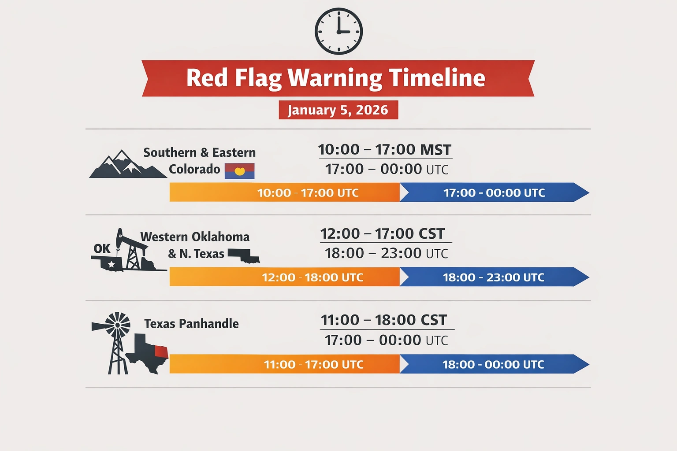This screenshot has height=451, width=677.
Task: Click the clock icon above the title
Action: (338, 31)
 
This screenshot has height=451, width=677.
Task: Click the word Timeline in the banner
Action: (437, 78)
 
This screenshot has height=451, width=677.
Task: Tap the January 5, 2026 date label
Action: (338, 110)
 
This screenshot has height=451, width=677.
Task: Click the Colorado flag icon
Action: (239, 171)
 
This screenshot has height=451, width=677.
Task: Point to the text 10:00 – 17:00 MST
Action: (385, 150)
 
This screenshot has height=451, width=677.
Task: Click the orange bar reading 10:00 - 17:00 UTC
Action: (285, 192)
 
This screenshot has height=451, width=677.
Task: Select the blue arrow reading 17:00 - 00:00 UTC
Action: (494, 192)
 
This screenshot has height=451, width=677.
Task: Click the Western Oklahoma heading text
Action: (195, 237)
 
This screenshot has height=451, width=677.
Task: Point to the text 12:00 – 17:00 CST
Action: (383, 234)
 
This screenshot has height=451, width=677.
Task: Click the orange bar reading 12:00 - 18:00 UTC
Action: (285, 277)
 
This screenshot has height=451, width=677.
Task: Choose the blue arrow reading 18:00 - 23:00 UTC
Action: (494, 277)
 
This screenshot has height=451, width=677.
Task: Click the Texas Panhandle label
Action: (191, 324)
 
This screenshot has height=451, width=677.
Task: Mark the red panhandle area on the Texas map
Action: (161, 351)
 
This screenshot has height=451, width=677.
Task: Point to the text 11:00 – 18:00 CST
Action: (384, 320)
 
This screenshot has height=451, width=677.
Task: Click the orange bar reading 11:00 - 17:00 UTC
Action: (285, 364)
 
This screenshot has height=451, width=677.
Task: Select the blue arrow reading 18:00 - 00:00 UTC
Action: (494, 364)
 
